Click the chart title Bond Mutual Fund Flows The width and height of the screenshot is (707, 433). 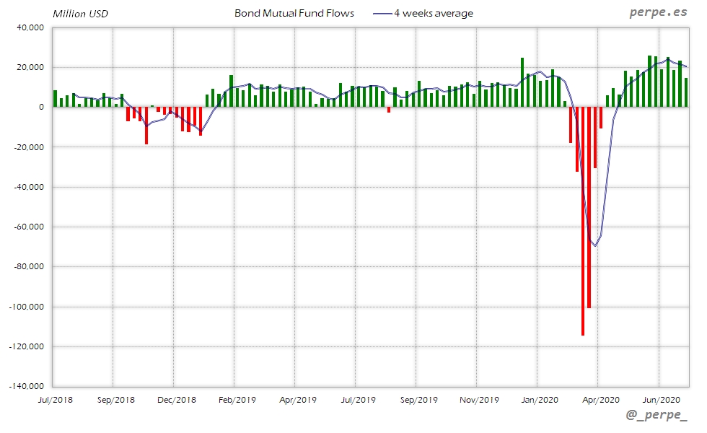point(294,13)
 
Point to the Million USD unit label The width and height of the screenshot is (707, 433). point(80,14)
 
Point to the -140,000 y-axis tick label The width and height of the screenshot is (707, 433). point(27,386)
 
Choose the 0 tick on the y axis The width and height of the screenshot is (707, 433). point(41,107)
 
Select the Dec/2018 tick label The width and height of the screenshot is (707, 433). point(176,399)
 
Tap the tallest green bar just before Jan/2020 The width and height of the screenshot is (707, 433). point(522,82)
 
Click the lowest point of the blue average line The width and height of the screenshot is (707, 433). point(595,246)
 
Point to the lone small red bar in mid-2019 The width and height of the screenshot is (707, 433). point(389,110)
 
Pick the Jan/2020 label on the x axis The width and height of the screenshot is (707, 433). point(539,399)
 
